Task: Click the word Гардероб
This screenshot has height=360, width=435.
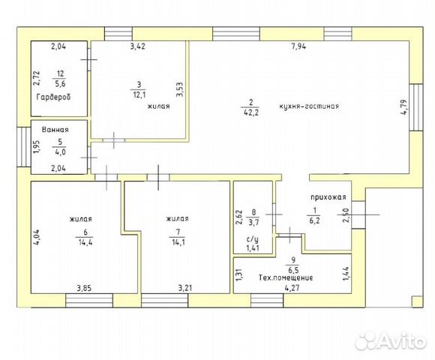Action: [x=53, y=97]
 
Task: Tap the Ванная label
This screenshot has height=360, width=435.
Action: [x=55, y=130]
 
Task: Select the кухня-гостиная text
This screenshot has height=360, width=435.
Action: [x=309, y=106]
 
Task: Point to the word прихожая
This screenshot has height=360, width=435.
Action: [x=328, y=197]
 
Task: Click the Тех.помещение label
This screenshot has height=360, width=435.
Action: [x=286, y=277]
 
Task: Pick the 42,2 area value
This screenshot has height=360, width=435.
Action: [x=250, y=112]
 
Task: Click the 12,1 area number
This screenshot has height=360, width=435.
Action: [x=139, y=94]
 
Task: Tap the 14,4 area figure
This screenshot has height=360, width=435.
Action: [x=85, y=242]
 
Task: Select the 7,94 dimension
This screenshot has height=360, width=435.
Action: [x=298, y=46]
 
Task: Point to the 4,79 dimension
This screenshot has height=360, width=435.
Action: [x=404, y=106]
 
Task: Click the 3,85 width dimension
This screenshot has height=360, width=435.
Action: [x=84, y=288]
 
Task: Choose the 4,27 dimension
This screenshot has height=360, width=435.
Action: [x=292, y=288]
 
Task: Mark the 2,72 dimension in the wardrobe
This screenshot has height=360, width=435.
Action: [x=37, y=78]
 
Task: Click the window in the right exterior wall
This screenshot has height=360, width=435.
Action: [x=417, y=107]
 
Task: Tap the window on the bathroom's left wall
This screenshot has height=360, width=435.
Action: [x=24, y=147]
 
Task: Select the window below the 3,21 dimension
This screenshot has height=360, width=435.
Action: [x=164, y=300]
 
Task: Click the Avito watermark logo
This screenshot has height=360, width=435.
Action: [x=391, y=340]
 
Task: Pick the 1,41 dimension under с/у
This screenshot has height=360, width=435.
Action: [x=253, y=248]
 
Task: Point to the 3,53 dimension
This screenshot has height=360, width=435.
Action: [x=180, y=89]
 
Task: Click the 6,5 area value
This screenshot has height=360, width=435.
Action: [x=293, y=270]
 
